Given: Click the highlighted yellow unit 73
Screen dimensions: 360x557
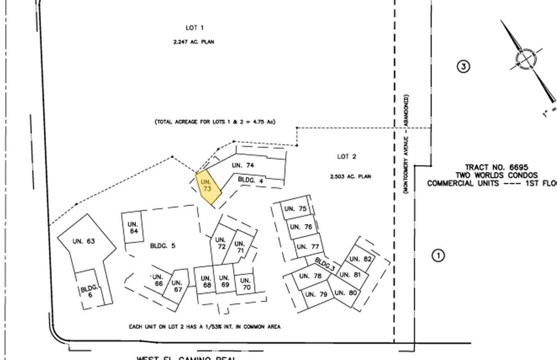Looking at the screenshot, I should point(206,187).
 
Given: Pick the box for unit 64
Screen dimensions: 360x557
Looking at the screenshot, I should point(133,228).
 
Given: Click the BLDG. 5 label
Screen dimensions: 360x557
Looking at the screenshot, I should point(163,246).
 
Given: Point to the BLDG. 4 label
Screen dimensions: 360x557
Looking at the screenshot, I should point(250,180).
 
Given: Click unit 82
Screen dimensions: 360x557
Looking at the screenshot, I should point(362,259).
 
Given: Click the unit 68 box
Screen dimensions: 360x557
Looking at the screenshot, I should point(206,282).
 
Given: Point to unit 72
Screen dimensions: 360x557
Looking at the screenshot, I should point(220,242).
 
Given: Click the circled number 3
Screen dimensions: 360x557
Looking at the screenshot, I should point(464,66).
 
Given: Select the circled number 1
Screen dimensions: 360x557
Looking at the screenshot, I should point(438,255).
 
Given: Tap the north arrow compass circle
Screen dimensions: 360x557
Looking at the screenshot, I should point(525,60).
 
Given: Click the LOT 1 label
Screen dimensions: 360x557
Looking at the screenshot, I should point(194,28).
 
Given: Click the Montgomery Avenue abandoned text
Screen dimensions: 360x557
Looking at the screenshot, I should point(406,144).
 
